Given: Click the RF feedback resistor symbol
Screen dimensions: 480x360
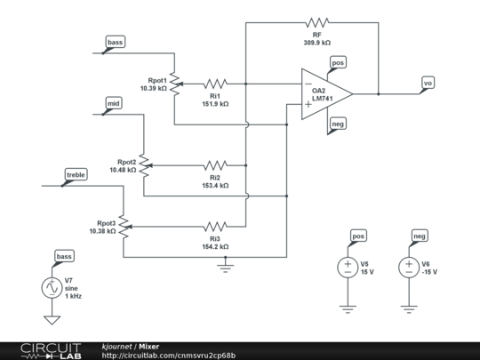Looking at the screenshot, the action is pos(317,22).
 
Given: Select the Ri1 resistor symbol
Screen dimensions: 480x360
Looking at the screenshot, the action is pos(215,84).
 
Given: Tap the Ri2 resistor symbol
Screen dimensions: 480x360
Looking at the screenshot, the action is pos(215,165).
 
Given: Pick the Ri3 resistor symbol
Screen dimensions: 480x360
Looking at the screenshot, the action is pos(215,227).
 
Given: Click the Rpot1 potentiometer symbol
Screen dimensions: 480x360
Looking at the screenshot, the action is pos(175,84).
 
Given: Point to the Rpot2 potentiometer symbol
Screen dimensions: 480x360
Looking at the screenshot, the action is pos(145,165).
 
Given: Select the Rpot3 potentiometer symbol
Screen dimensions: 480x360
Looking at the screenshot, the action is pos(124,227).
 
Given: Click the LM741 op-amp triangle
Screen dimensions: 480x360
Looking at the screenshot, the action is pos(327,94).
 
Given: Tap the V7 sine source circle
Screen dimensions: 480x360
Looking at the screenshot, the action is pos(52,288).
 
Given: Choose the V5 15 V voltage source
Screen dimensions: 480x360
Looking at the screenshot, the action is pos(348,268).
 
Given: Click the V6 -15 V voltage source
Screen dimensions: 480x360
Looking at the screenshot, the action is pos(409,268).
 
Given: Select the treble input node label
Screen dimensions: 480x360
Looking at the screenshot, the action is pos(75,176).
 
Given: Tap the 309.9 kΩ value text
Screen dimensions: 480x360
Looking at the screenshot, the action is pos(317,43).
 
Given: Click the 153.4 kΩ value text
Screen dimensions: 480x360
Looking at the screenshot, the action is pos(215,186).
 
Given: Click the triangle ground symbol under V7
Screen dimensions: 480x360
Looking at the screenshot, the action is pos(52,320).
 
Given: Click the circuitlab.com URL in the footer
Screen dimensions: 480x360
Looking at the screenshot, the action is pos(169,356).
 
